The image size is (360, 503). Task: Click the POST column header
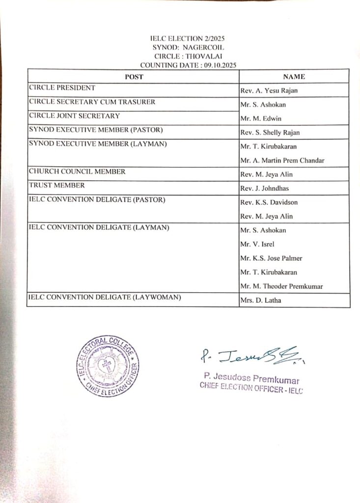(134, 77)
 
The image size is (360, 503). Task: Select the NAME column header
(294, 77)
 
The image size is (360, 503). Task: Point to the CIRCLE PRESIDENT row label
(62, 88)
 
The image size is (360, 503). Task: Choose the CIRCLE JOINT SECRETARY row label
(74, 116)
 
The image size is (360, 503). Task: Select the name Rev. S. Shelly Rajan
(270, 133)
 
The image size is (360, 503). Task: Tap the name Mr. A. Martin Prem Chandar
(282, 160)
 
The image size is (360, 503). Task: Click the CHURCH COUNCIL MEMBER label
(77, 171)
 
